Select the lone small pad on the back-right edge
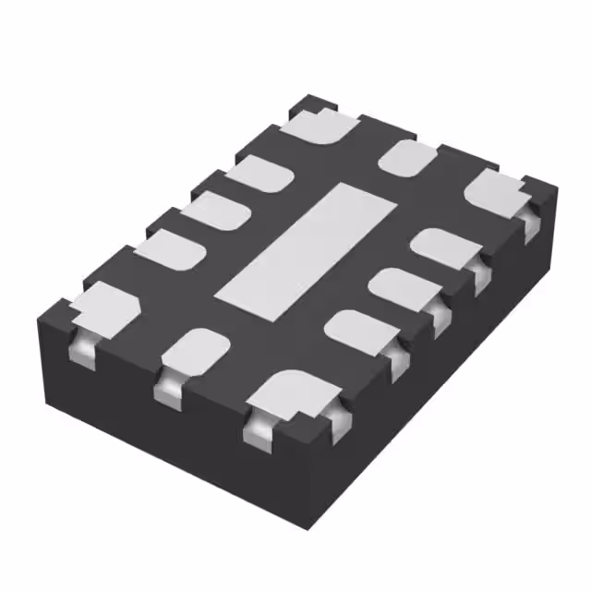click(408, 157)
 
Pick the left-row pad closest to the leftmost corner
click(171, 249)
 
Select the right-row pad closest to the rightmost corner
click(442, 247)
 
